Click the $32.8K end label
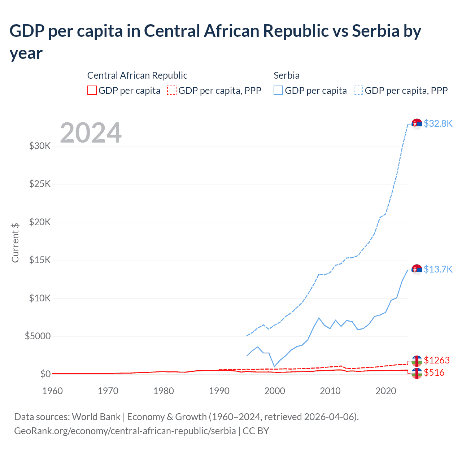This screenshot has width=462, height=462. click(438, 123)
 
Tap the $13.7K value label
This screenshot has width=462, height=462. click(438, 269)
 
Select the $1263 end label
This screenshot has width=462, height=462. click(437, 360)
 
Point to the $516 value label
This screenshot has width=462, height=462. click(434, 372)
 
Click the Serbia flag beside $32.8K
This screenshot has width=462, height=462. click(417, 124)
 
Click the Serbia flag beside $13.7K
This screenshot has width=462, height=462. click(417, 270)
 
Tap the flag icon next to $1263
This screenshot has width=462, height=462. click(417, 361)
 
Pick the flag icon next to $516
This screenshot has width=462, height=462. click(417, 373)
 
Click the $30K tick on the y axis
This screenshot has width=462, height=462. click(40, 146)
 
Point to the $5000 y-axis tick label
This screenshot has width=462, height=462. click(38, 336)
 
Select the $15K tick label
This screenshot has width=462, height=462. click(40, 260)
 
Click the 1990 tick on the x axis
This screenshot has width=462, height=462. click(219, 391)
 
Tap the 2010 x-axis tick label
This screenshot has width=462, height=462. click(330, 391)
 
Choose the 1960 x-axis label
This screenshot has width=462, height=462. click(53, 391)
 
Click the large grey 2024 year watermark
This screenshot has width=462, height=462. click(91, 133)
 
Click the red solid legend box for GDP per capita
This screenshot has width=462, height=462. click(92, 90)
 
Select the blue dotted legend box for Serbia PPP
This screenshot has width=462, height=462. click(358, 90)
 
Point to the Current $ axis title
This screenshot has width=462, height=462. click(15, 243)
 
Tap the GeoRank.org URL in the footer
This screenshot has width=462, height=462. click(125, 431)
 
